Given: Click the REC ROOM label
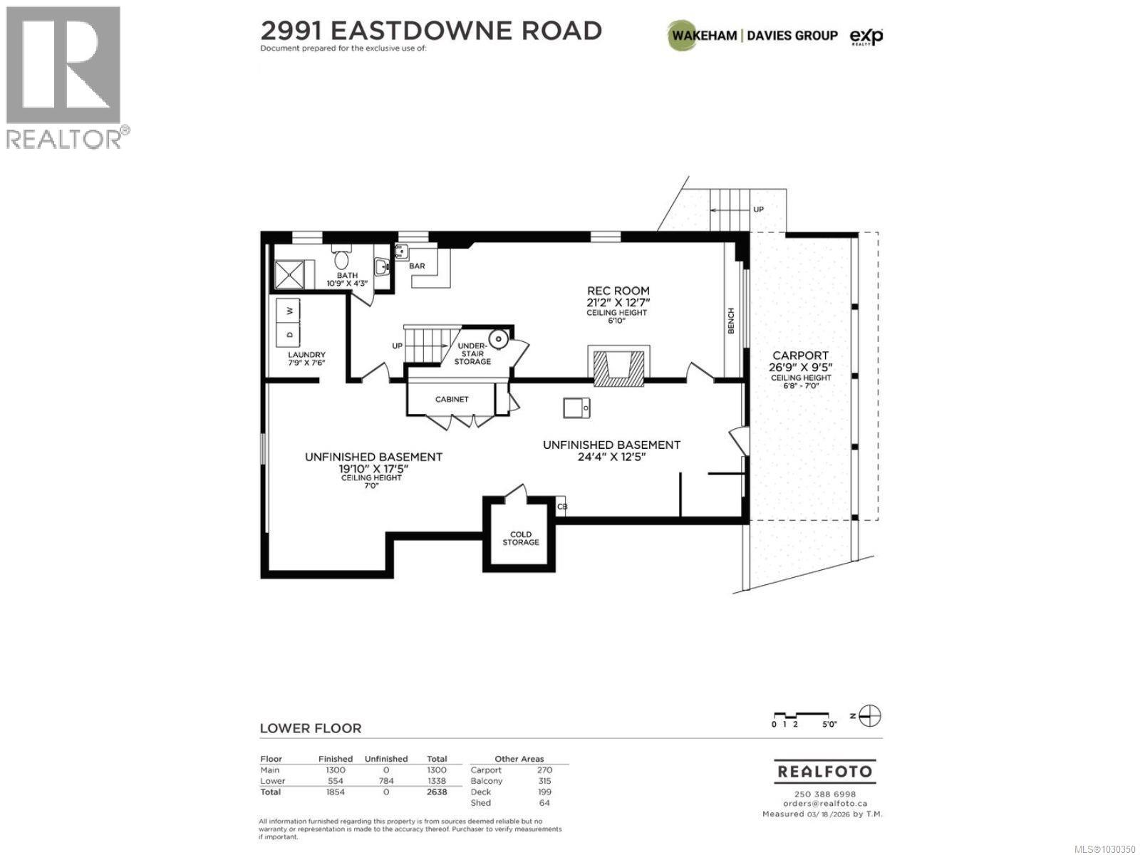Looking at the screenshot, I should [618, 291].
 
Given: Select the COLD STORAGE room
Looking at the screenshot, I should [520, 538].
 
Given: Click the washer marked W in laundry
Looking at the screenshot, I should [289, 311].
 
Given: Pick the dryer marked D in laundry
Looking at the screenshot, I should [289, 334].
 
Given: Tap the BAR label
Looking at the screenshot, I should [417, 266].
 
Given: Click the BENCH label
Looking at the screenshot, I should [731, 321].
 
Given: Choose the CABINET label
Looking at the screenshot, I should [452, 399].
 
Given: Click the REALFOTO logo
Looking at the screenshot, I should [823, 772].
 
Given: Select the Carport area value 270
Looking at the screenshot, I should [544, 769].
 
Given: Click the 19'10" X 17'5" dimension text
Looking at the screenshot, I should [373, 469].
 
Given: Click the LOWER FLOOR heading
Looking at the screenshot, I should [311, 728].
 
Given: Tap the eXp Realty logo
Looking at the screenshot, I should [866, 36].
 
